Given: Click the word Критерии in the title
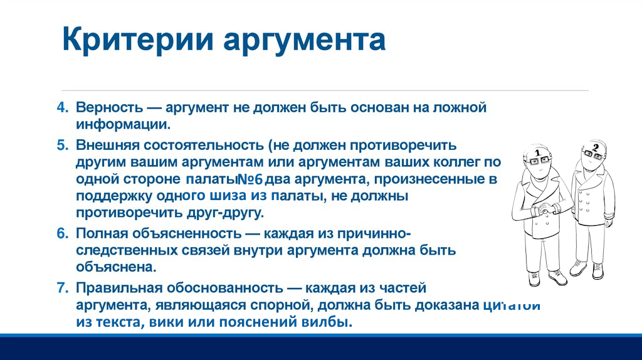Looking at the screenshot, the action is coord(138,40).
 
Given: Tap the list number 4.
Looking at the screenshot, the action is coord(63,107).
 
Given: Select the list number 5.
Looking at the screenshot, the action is coord(63,145).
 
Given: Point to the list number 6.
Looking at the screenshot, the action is coord(63,233).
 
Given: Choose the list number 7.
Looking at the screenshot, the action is coord(63,287).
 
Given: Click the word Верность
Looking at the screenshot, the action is coord(109,107).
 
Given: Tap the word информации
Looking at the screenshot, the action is coord(123,124).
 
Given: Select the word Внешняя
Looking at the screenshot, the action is coord(107,145).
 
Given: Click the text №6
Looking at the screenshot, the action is coord(250,179).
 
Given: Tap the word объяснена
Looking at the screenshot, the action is coord(116,267).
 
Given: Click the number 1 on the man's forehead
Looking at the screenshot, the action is coord(537,152).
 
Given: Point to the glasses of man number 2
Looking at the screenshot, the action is coord(593,155).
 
